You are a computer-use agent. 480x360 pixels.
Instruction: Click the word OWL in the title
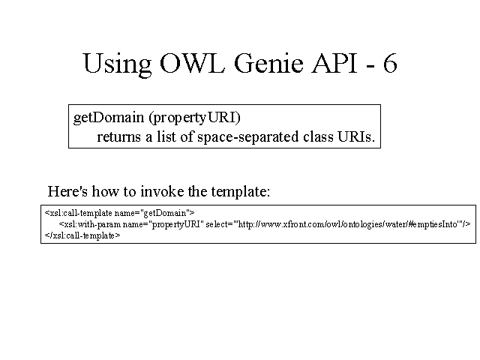click(x=192, y=63)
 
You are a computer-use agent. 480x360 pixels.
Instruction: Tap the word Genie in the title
click(x=268, y=63)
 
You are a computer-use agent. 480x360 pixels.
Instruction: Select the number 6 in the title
click(x=390, y=63)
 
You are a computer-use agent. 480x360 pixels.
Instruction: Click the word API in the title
click(x=334, y=63)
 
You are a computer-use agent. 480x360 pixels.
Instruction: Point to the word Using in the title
click(x=117, y=64)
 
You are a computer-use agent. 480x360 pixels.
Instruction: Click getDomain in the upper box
click(x=109, y=118)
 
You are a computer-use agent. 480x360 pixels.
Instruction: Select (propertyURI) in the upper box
click(x=195, y=118)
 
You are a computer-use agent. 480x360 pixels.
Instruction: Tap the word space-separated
click(x=248, y=137)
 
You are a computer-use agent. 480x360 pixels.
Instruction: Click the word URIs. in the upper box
click(x=356, y=136)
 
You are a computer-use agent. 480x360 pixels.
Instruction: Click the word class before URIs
click(x=318, y=136)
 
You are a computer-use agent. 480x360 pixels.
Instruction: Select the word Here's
click(x=67, y=191)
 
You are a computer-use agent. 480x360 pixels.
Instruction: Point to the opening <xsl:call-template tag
click(x=78, y=213)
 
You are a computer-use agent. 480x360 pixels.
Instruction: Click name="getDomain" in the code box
click(x=154, y=213)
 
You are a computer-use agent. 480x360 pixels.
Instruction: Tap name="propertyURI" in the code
click(x=163, y=225)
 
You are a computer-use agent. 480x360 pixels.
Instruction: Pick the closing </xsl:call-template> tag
click(x=82, y=235)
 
